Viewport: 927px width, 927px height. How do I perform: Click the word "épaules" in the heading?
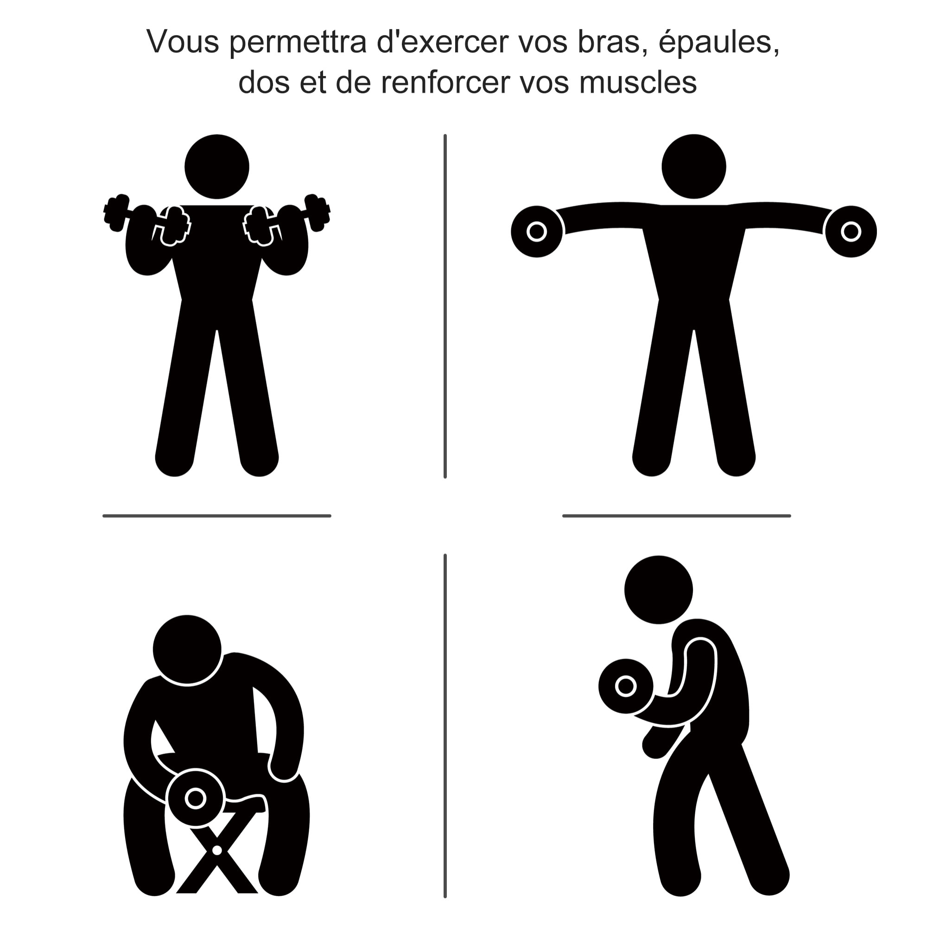718,42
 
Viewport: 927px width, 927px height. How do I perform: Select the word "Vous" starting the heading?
183,42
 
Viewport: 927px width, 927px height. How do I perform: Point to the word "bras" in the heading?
609,42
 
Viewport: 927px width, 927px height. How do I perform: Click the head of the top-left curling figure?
217,166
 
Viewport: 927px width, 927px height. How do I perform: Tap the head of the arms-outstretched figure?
694,166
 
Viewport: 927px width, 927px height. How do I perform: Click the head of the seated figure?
187,650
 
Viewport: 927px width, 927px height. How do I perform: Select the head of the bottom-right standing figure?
658,590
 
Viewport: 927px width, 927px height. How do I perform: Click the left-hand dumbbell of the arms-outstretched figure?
537,232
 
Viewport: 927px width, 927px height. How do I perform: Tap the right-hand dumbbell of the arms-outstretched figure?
851,232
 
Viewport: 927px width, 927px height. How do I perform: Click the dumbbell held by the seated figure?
195,799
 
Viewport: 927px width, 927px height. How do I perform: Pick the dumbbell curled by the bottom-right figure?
625,686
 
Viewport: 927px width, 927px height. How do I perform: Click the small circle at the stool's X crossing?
217,850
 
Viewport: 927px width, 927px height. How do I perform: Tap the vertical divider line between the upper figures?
445,307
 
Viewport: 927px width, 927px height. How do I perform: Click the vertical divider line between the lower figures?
445,724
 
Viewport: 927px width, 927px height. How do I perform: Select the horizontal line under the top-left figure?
217,516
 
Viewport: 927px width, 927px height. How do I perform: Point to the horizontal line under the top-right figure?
677,516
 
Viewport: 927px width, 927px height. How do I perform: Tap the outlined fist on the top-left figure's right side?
259,226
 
